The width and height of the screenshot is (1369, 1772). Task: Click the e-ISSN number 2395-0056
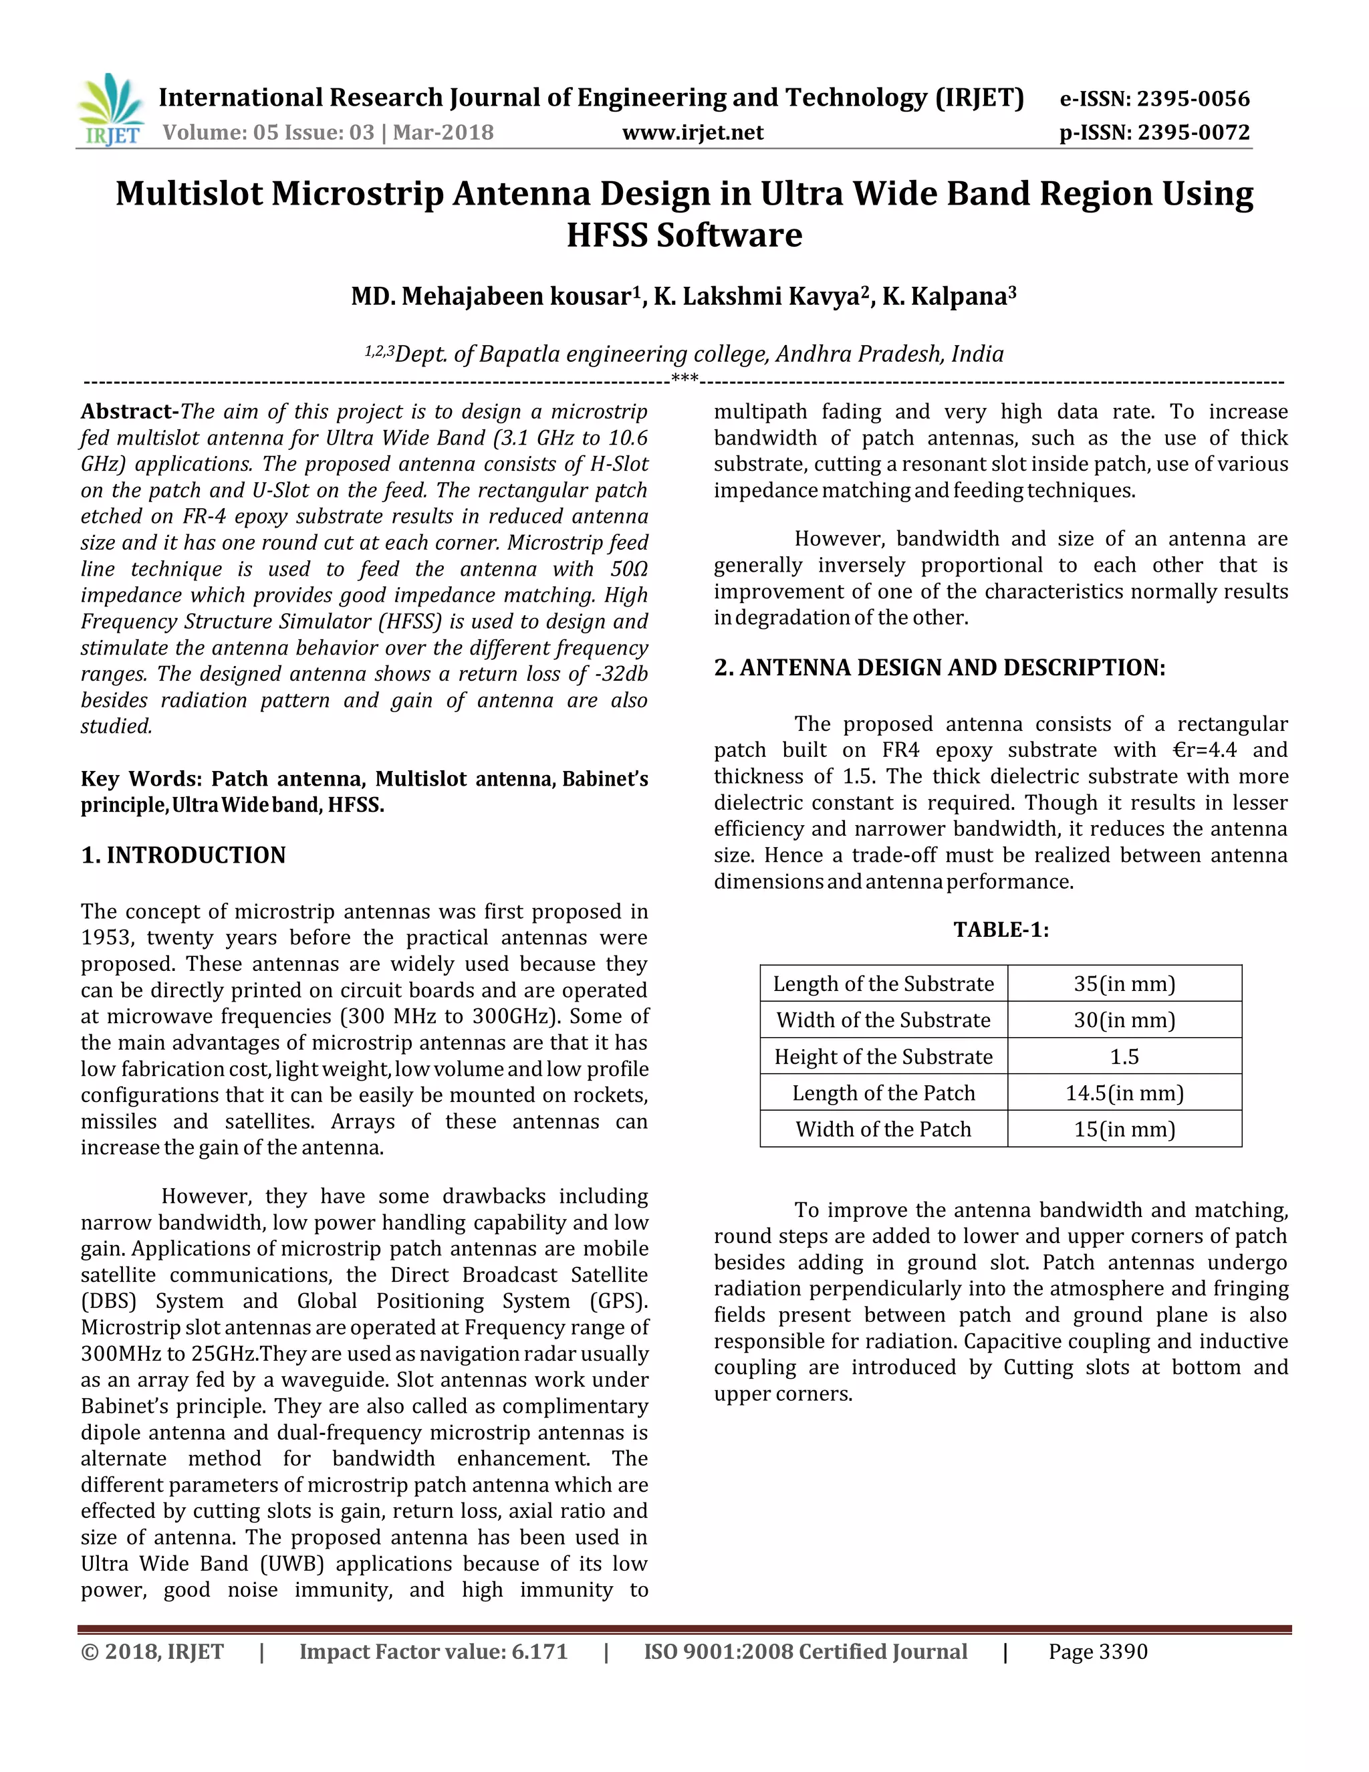click(x=1193, y=99)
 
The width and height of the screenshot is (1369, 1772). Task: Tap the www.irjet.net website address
click(x=693, y=132)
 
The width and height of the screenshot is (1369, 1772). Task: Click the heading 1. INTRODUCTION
click(x=183, y=855)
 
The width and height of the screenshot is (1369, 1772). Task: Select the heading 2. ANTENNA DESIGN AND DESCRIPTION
click(x=939, y=668)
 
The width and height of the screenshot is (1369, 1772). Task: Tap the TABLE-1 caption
click(x=1001, y=930)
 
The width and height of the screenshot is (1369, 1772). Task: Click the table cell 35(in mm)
click(x=1124, y=984)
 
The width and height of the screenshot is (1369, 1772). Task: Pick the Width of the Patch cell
click(x=883, y=1129)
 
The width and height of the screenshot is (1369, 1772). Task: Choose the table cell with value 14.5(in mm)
click(x=1124, y=1093)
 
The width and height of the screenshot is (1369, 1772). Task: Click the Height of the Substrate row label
click(x=883, y=1057)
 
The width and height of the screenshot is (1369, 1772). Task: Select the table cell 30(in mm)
click(x=1124, y=1020)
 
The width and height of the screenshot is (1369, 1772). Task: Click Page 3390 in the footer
click(x=1098, y=1652)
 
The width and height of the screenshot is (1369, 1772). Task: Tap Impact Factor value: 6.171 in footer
click(x=433, y=1652)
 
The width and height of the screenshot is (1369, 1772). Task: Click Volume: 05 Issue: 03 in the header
click(x=269, y=132)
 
